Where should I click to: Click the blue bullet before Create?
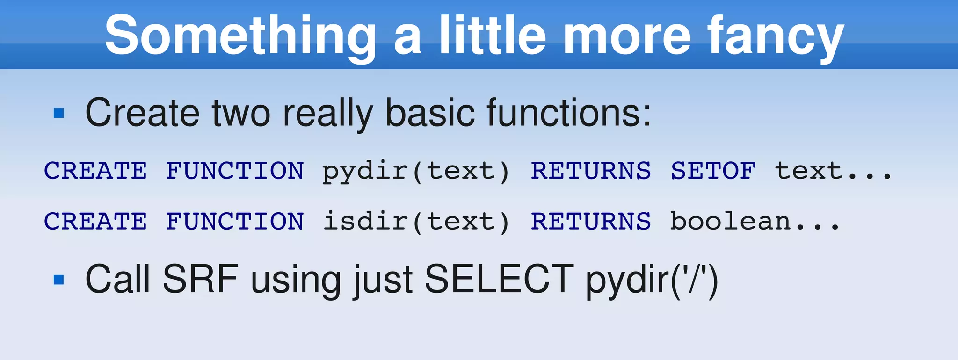[x=59, y=113]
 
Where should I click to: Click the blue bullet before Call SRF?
[x=59, y=280]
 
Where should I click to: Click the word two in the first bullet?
[x=241, y=113]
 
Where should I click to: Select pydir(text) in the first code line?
[x=416, y=171]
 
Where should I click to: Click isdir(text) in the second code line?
[x=416, y=221]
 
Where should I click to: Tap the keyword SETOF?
[x=713, y=171]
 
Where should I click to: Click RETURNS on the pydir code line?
[x=590, y=171]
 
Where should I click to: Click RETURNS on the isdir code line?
[x=590, y=221]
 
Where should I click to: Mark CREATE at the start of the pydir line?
[x=95, y=171]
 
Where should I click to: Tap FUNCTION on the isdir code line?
[x=235, y=221]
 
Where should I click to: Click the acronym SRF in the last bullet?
[x=201, y=279]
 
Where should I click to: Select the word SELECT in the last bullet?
[x=499, y=279]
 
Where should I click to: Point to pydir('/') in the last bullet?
[x=652, y=280]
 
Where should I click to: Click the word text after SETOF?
[x=808, y=171]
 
